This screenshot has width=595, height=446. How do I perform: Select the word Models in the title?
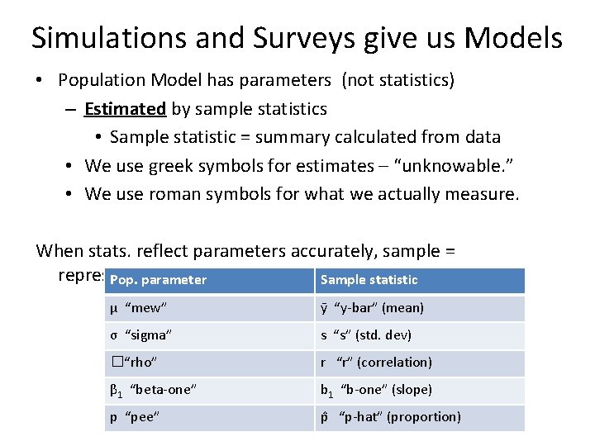[x=513, y=38]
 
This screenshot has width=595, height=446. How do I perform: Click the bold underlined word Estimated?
[x=125, y=109]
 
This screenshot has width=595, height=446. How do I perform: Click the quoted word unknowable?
[x=448, y=166]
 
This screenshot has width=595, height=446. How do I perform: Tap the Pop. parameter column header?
[x=158, y=280]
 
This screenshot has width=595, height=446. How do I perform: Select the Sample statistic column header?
[x=369, y=280]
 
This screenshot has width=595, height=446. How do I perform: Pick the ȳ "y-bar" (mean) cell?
[x=372, y=308]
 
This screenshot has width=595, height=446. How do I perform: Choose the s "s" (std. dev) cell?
[x=366, y=335]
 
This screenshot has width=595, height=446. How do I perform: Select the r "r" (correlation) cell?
[x=376, y=363]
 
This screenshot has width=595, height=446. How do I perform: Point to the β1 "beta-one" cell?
[x=153, y=390]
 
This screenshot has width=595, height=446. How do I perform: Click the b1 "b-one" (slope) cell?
[x=376, y=390]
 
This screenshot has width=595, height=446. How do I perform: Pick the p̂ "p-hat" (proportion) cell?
[x=391, y=417]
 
